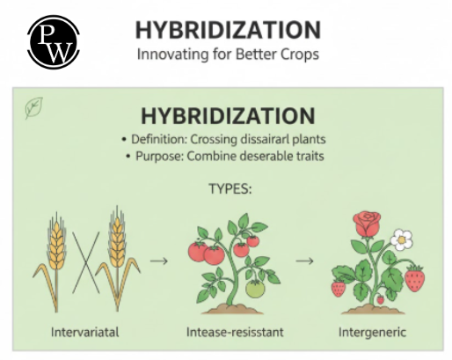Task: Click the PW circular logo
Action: tap(54, 42)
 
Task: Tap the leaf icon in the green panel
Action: tap(34, 107)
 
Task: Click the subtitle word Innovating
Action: tap(172, 55)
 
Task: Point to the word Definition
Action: tap(159, 139)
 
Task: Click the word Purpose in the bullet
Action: tap(160, 156)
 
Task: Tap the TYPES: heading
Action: tap(230, 188)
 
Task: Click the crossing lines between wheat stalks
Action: tap(86, 262)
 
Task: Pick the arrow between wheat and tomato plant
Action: tap(159, 261)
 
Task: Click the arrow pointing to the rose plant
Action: tap(304, 261)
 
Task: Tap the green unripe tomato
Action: tap(255, 289)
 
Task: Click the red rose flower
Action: tap(367, 224)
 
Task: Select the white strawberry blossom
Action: tap(401, 239)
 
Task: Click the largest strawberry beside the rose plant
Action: tap(414, 279)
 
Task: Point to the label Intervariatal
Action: tap(85, 333)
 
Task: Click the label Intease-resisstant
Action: tap(235, 333)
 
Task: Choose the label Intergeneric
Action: tap(372, 333)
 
